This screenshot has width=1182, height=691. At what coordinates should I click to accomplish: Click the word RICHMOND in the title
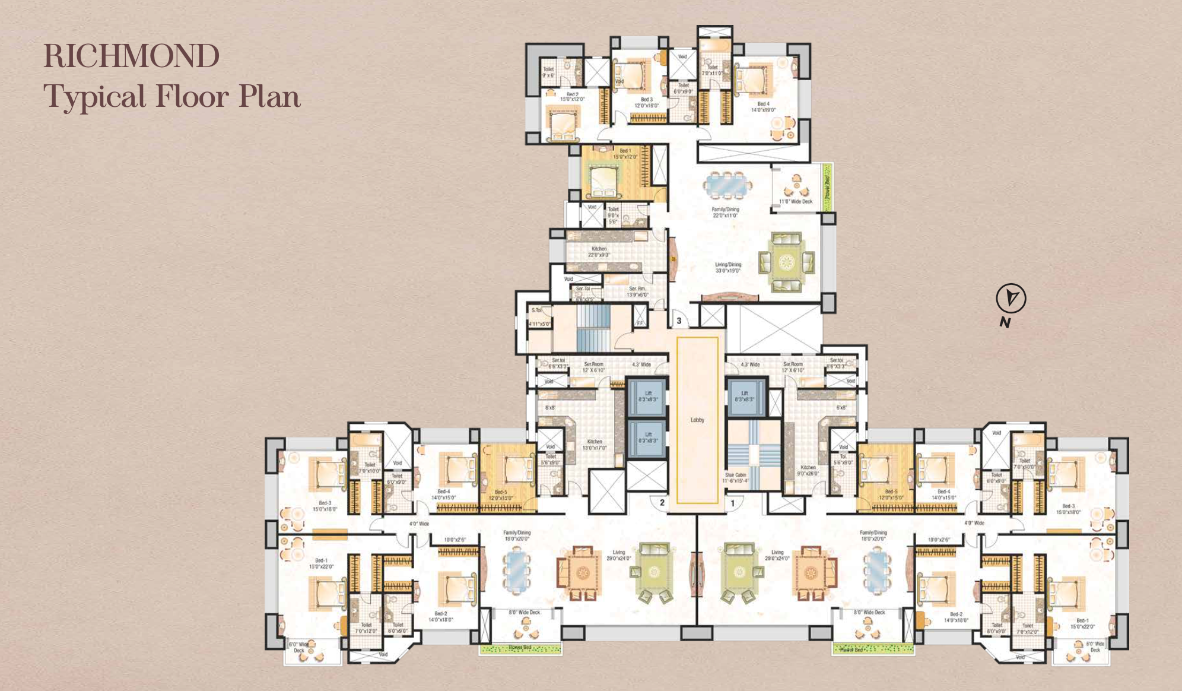(131, 56)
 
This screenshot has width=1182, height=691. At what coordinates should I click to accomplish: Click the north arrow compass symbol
(1011, 299)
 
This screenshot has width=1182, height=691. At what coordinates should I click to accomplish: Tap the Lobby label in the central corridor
(697, 420)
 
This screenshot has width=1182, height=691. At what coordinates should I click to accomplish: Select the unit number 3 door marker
(679, 321)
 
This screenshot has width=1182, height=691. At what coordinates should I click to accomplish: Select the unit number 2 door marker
(662, 502)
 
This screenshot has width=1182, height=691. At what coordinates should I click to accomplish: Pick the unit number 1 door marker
(733, 503)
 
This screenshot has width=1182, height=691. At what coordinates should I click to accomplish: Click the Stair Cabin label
(735, 477)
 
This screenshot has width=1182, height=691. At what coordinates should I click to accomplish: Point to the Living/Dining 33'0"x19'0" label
(728, 267)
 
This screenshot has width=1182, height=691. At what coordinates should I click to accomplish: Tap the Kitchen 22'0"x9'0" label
(599, 252)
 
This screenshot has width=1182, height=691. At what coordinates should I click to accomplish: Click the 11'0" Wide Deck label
(796, 201)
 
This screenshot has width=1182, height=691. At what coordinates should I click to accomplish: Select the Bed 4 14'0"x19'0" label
(763, 106)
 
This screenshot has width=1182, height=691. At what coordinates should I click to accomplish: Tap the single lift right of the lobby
(744, 396)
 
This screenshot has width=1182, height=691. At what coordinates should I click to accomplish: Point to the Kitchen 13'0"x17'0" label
(595, 445)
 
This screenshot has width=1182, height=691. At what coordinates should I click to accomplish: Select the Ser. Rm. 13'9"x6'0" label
(637, 291)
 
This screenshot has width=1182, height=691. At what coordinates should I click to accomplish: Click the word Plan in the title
(269, 96)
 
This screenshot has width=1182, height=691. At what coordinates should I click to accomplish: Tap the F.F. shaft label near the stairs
(640, 324)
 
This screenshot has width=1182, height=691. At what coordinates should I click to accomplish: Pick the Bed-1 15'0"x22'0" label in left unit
(321, 563)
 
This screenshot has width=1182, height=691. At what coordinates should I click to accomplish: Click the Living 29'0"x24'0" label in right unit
(777, 555)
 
